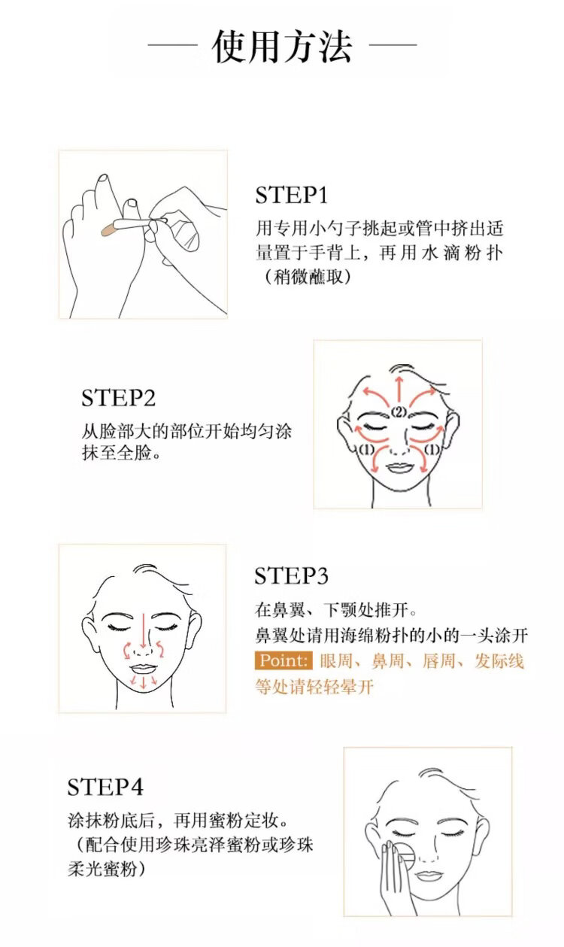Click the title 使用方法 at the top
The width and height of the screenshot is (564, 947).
282,47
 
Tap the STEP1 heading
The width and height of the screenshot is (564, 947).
291,196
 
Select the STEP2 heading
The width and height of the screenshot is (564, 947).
118,398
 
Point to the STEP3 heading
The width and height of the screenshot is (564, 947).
291,576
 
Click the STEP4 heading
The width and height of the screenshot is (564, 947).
105,788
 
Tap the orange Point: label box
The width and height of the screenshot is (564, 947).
284,660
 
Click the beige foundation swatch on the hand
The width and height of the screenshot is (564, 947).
110,229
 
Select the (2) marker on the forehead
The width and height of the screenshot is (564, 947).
399,411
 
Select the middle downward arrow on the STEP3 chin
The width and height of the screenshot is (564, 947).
144,681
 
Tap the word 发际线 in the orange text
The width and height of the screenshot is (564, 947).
499,661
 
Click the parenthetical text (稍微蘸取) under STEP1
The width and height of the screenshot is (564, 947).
308,277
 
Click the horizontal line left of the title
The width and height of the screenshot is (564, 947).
173,44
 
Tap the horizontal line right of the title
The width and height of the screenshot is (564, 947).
393,44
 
